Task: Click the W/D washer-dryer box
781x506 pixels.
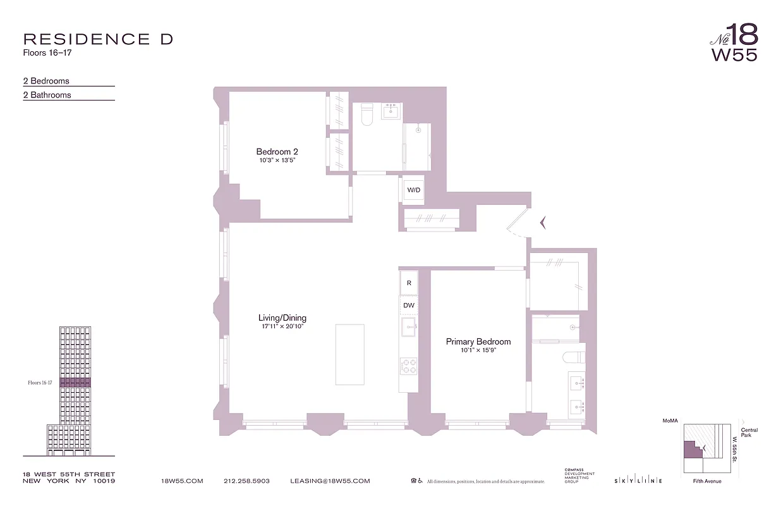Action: point(414,190)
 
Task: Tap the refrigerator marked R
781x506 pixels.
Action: point(409,283)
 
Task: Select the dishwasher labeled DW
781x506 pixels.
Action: point(409,305)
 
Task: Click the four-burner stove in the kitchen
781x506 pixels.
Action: point(409,365)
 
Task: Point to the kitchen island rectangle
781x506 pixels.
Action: point(349,354)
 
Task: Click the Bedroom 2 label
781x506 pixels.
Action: point(277,152)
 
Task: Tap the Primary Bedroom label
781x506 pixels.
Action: point(478,342)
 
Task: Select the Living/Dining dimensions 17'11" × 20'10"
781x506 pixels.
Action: point(282,326)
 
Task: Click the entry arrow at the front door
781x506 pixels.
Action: point(542,222)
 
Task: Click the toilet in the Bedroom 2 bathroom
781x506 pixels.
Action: point(368,116)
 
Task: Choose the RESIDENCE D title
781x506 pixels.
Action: point(98,39)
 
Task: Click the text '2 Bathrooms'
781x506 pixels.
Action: point(47,95)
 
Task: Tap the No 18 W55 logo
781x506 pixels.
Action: point(734,42)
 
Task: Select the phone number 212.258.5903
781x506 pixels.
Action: point(246,481)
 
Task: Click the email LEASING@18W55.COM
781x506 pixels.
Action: point(330,481)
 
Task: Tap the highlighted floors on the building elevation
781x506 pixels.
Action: point(75,383)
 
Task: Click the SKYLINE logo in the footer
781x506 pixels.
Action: point(638,481)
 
